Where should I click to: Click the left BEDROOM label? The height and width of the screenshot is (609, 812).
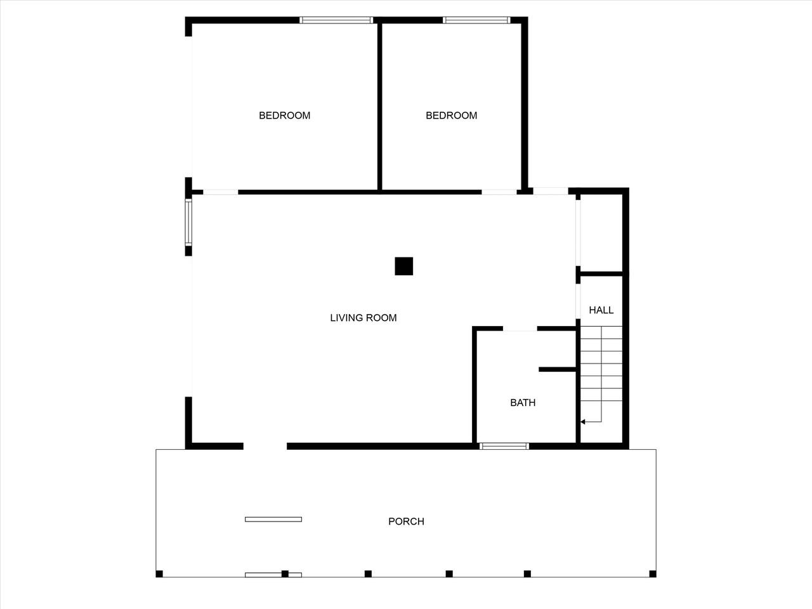click(x=284, y=115)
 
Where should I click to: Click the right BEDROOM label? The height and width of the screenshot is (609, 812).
click(x=451, y=115)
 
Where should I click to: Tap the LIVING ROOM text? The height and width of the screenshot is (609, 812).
click(x=363, y=318)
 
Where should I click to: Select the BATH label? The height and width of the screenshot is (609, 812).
click(x=523, y=403)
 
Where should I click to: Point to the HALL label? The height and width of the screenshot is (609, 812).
click(x=601, y=310)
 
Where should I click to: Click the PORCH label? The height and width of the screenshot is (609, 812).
click(x=406, y=521)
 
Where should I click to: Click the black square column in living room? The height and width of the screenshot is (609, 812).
click(x=404, y=266)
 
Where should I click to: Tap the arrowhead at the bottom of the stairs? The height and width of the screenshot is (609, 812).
click(x=582, y=422)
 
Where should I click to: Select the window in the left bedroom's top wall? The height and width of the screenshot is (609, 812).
click(x=336, y=20)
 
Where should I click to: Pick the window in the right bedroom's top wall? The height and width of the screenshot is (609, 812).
click(x=476, y=20)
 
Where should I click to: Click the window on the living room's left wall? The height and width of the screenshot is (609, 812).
click(x=188, y=222)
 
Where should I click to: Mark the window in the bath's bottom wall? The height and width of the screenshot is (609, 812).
click(x=504, y=447)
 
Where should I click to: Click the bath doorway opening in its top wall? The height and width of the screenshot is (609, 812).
click(x=520, y=329)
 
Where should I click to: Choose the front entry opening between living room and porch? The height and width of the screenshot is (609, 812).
click(x=265, y=446)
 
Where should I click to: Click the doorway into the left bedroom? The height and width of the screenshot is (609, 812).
click(x=221, y=192)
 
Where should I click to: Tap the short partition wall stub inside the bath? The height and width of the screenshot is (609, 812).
click(x=558, y=369)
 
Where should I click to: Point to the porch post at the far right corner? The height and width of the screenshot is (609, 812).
click(x=653, y=574)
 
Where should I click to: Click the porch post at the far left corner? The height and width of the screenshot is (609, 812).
click(x=159, y=574)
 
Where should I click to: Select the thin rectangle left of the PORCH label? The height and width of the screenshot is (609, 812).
click(x=273, y=520)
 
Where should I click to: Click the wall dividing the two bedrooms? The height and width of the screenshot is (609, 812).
click(x=379, y=107)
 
